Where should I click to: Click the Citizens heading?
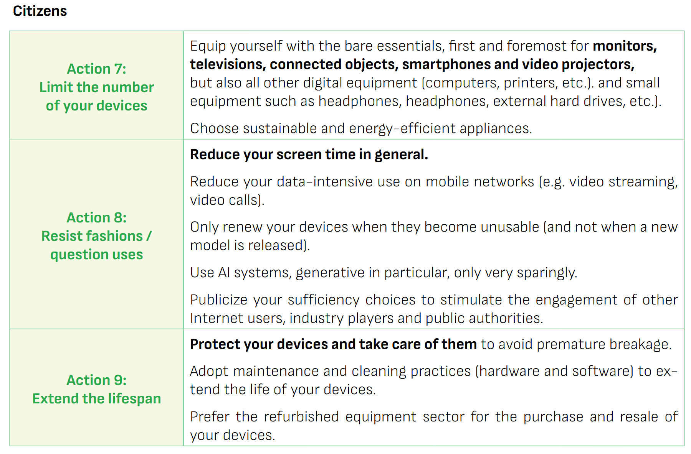[40, 11]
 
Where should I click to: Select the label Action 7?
[97, 69]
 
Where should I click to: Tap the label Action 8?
[97, 217]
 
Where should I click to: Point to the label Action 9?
[97, 380]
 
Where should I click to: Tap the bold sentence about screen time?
[309, 155]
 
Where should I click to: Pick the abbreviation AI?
[224, 273]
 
